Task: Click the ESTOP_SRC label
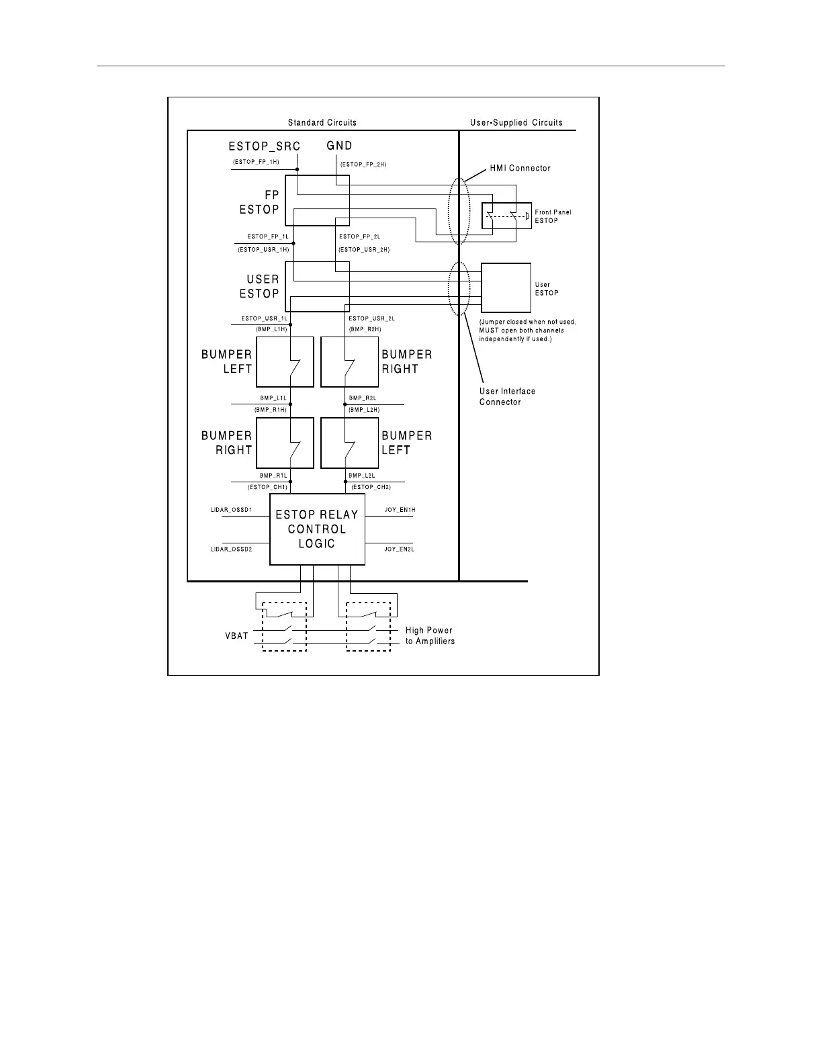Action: click(x=264, y=146)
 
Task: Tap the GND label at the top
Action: click(x=339, y=146)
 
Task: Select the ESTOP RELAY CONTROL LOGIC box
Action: click(x=317, y=529)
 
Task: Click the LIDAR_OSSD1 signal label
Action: click(x=231, y=511)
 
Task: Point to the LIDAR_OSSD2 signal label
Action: click(x=231, y=549)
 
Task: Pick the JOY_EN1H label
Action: click(x=400, y=511)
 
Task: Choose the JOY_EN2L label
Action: click(x=400, y=549)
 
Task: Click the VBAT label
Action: click(x=236, y=635)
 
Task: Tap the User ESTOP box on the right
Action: click(x=506, y=288)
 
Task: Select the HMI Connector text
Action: click(x=520, y=168)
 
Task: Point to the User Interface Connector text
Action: click(x=507, y=396)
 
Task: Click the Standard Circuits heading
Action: click(x=322, y=123)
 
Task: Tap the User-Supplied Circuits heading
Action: click(x=516, y=123)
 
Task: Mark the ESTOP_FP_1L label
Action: click(x=267, y=236)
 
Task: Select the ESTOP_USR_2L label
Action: click(x=371, y=318)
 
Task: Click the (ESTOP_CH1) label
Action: click(x=267, y=487)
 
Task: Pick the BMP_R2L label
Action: click(x=362, y=398)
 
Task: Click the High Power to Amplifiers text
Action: click(x=430, y=635)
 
